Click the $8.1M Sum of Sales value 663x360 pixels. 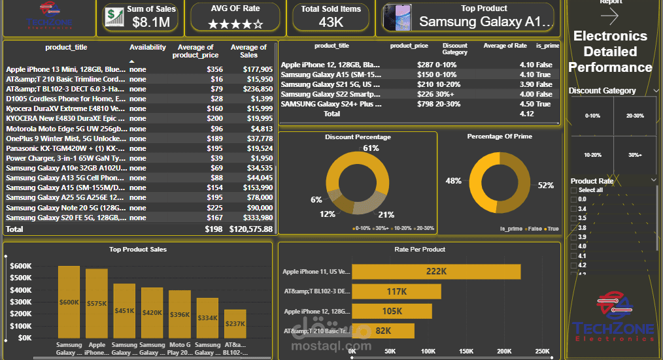click(x=151, y=23)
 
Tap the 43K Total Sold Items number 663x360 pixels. click(x=331, y=23)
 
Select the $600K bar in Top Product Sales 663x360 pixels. click(x=69, y=302)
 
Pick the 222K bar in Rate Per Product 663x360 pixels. click(x=436, y=271)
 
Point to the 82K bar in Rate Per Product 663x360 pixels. click(x=383, y=331)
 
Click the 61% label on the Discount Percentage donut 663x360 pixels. click(x=371, y=148)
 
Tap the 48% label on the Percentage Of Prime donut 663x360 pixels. click(x=453, y=180)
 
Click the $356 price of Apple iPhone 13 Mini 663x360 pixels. click(x=214, y=69)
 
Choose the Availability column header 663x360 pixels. click(x=148, y=48)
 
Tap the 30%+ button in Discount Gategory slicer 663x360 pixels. click(x=634, y=155)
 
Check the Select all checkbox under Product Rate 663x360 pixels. click(x=574, y=190)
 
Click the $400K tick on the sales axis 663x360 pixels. click(x=22, y=289)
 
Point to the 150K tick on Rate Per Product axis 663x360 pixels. click(x=466, y=352)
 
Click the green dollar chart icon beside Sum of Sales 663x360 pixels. click(x=114, y=17)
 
